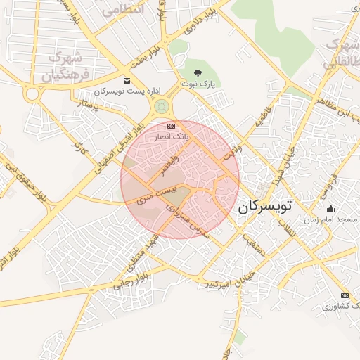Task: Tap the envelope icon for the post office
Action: click(x=127, y=80)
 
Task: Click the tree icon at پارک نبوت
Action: click(x=198, y=72)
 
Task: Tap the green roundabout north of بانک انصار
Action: click(x=162, y=106)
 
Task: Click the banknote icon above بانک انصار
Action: click(x=171, y=125)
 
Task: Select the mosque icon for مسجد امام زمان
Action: click(x=331, y=208)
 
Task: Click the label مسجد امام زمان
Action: click(x=330, y=220)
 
